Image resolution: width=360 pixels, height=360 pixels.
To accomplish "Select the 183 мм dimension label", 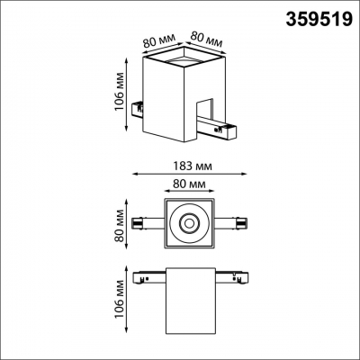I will coord(189,166).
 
